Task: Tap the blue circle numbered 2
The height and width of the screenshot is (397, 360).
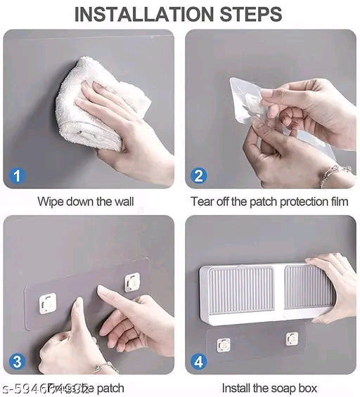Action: [x=199, y=175]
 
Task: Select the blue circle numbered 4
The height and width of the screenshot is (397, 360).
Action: [x=199, y=361]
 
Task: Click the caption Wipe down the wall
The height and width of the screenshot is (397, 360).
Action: [x=85, y=202]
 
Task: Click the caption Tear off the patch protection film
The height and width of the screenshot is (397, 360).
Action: [x=269, y=202]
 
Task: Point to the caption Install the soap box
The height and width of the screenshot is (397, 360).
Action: [x=269, y=388]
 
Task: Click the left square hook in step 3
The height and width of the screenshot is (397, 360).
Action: [x=49, y=302]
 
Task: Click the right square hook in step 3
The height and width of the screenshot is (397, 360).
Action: [x=131, y=282]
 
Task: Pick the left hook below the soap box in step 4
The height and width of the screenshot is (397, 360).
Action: [x=224, y=344]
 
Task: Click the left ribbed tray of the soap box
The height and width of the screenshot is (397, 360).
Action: [x=242, y=290]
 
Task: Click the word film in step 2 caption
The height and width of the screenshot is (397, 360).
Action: [x=337, y=202]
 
